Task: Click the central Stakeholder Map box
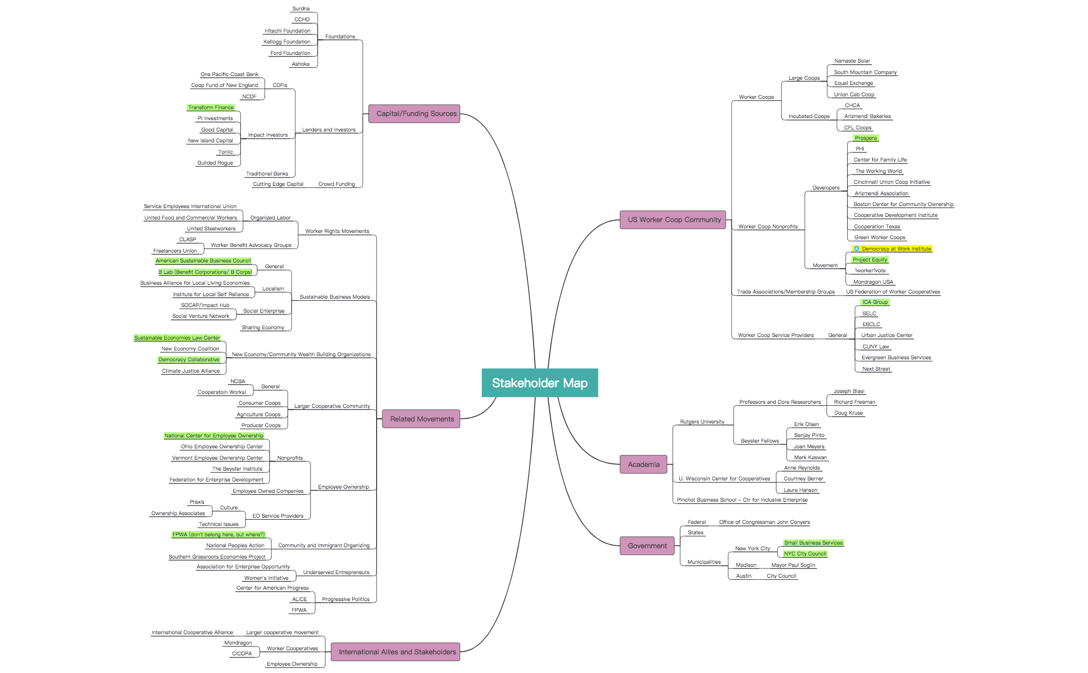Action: tap(539, 383)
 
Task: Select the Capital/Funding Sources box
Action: tap(414, 114)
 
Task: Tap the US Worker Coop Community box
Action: tap(673, 220)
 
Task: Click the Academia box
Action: tap(643, 464)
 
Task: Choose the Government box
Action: tap(647, 546)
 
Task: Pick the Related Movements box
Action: tap(421, 419)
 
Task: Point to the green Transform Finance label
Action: tap(211, 107)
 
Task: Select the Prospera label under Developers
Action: tap(866, 138)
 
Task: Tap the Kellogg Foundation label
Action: tap(287, 42)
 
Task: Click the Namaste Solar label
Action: tap(852, 61)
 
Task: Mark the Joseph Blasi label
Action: tap(849, 391)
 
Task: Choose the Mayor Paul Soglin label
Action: tap(793, 565)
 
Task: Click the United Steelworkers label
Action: tap(211, 228)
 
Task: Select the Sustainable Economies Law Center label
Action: tap(177, 338)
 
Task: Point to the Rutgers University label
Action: tap(702, 421)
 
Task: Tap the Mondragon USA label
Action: tap(873, 282)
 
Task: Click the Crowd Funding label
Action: tap(336, 184)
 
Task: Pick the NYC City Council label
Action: tap(805, 553)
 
